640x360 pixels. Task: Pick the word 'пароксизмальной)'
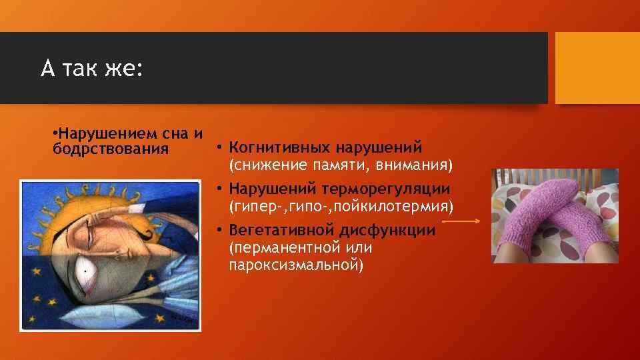(295, 265)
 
